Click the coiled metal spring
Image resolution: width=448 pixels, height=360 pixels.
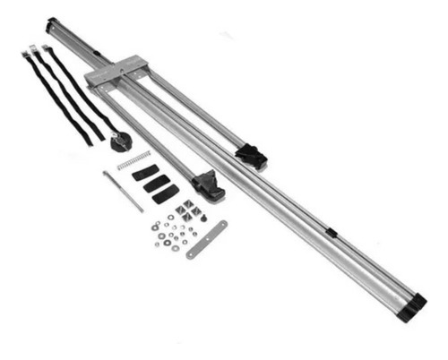(x=134, y=160)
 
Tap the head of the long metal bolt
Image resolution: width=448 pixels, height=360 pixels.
(x=106, y=174)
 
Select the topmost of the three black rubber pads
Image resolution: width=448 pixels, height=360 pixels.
(x=145, y=173)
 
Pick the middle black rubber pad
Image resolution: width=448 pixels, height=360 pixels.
(x=155, y=183)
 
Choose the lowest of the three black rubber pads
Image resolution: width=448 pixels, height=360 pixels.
(x=165, y=194)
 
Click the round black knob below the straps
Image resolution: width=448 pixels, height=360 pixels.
(x=120, y=141)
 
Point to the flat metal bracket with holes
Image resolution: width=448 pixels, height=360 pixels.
(x=206, y=239)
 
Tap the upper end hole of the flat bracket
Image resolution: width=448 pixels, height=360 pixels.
(x=221, y=225)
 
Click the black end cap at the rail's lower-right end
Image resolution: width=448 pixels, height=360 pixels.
(x=412, y=309)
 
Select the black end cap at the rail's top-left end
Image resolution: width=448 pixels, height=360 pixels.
(x=52, y=22)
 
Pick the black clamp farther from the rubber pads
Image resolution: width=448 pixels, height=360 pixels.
(x=251, y=158)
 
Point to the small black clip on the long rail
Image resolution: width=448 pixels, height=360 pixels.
(x=331, y=233)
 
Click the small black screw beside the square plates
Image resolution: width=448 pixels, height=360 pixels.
(x=203, y=218)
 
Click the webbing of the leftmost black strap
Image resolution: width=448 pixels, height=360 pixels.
(x=54, y=99)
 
